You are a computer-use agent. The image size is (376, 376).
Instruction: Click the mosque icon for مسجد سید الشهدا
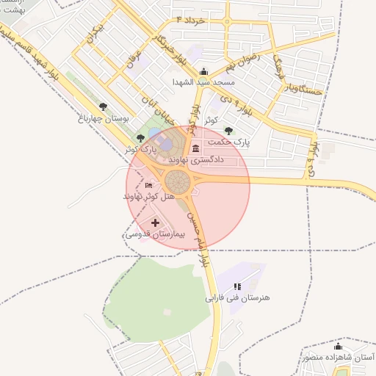click(x=203, y=72)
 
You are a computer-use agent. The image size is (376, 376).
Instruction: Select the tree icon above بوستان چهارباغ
click(x=102, y=107)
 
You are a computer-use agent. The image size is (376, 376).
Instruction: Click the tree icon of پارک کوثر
click(x=140, y=137)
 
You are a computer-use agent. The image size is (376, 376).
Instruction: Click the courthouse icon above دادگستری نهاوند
click(x=195, y=148)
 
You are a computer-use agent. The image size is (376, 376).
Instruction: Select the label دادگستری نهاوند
click(x=196, y=159)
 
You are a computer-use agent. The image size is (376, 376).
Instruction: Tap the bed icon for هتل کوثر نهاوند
click(x=149, y=186)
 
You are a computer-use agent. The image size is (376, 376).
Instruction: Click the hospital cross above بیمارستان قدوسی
click(x=155, y=223)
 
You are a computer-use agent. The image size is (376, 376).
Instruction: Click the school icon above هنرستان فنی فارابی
click(x=236, y=286)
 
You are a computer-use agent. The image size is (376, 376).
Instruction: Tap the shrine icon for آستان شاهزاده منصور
click(x=338, y=346)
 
